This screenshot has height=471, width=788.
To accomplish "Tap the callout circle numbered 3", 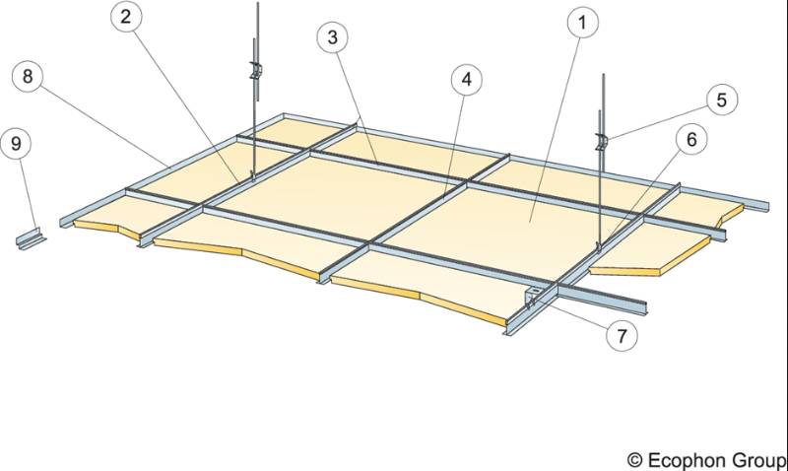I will (x=335, y=38).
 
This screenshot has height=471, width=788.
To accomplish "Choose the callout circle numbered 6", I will (x=691, y=141).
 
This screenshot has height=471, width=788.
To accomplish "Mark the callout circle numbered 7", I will (x=621, y=334).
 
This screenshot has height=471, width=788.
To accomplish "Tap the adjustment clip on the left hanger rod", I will (x=255, y=73).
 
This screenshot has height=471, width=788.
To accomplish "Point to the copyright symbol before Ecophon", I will (x=636, y=459).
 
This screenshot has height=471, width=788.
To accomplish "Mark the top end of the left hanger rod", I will (x=255, y=4).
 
